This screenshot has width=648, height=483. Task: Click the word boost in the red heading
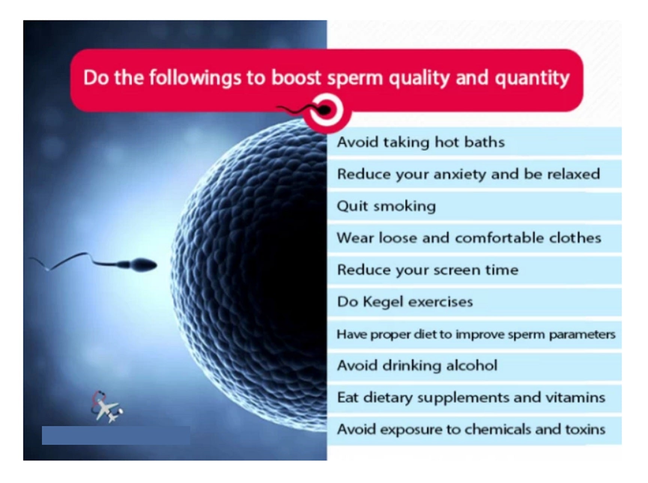[x=296, y=78]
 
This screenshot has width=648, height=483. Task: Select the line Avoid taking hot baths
[x=421, y=142]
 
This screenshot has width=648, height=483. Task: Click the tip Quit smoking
[x=386, y=206]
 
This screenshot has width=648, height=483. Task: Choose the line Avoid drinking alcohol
[x=417, y=365]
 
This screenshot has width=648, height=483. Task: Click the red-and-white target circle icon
[x=327, y=111]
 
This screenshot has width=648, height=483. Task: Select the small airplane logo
[x=107, y=407]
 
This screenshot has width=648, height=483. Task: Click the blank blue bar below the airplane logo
[x=116, y=435]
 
